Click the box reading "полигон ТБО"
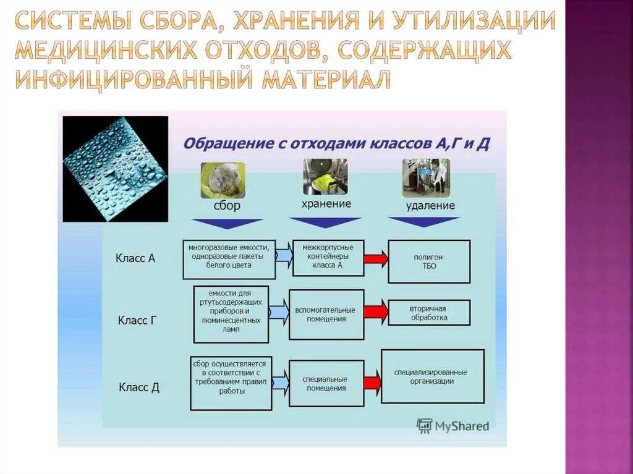429,261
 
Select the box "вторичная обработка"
428,313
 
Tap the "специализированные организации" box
432,376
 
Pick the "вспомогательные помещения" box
325,314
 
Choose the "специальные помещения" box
326,383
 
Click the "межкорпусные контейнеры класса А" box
328,258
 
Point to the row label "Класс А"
135,258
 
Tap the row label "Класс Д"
138,387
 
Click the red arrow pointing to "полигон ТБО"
375,258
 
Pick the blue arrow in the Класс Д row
280,383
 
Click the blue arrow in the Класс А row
284,255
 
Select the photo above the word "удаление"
426,177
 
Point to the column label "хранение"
326,203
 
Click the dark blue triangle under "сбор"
227,223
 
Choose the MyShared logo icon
424,425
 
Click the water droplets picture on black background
116,168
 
